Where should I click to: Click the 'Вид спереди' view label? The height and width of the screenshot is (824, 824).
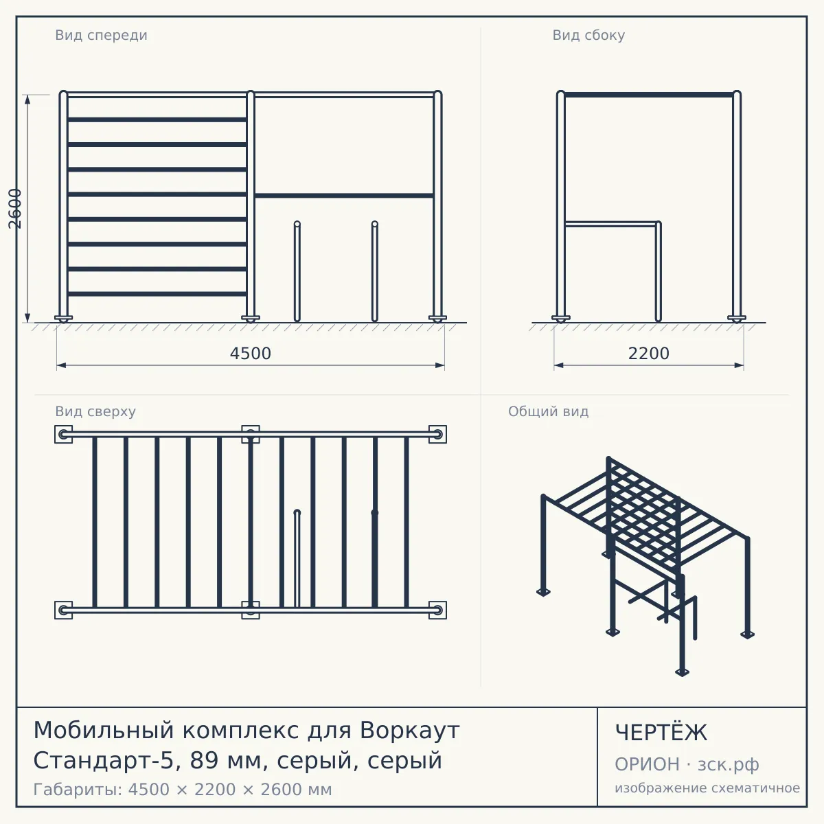click(x=101, y=35)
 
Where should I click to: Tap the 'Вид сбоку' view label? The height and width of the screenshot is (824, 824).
click(x=588, y=35)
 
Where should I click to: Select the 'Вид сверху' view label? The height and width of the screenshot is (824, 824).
click(x=95, y=411)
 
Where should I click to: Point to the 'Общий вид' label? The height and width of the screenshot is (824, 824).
click(x=548, y=411)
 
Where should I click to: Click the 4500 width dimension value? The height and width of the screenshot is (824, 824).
click(x=250, y=354)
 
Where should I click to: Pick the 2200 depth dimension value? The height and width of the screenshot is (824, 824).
click(x=648, y=354)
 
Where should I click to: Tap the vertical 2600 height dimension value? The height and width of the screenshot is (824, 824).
click(x=15, y=209)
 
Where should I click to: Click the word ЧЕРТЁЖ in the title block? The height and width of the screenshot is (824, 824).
click(x=661, y=733)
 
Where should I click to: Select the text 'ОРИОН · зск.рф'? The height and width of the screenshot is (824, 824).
click(x=687, y=764)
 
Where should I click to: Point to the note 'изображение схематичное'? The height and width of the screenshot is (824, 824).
click(x=707, y=788)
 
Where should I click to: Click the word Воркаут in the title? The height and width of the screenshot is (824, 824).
click(x=409, y=731)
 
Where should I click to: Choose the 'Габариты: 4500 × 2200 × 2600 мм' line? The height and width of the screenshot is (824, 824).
click(x=183, y=790)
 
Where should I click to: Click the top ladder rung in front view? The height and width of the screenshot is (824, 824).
click(x=157, y=119)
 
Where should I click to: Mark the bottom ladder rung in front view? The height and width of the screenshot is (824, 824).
click(x=157, y=294)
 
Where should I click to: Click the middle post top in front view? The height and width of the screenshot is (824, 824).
click(x=251, y=93)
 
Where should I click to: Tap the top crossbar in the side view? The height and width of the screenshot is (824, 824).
click(x=649, y=95)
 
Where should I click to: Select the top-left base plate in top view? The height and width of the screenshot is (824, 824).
click(x=63, y=435)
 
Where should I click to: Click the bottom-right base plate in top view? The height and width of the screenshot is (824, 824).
click(x=437, y=610)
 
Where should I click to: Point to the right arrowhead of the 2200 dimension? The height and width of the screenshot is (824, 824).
click(x=739, y=365)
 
